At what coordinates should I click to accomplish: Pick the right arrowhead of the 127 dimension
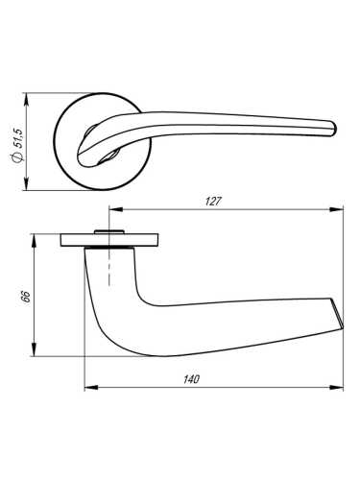click(341, 210)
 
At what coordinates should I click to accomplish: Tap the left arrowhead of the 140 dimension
click(87, 388)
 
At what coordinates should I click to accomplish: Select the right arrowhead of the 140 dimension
click(341, 388)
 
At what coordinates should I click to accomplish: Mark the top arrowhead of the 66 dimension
click(36, 235)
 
